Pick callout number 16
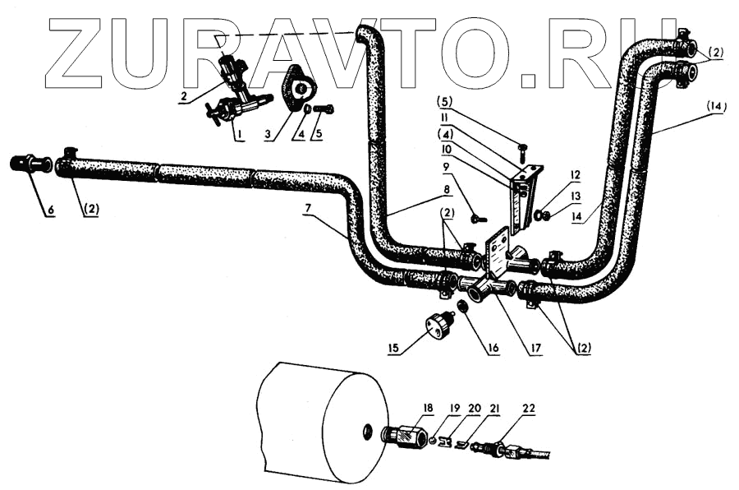(493, 349)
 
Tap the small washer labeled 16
(462, 308)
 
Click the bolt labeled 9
(479, 219)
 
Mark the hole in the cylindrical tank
(366, 430)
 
